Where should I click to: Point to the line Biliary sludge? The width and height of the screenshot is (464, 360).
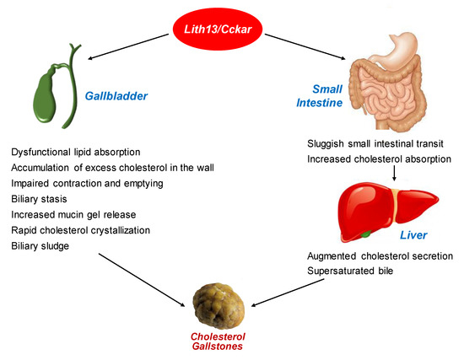tap(41, 245)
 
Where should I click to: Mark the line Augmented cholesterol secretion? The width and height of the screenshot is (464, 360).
tap(380, 255)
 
